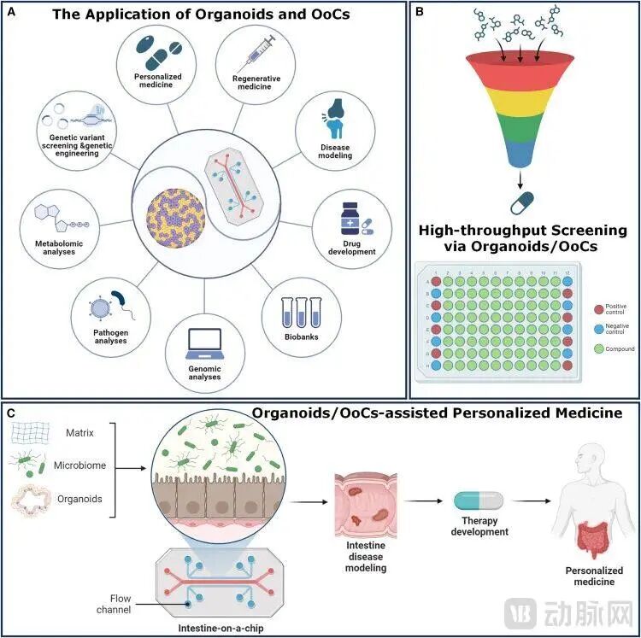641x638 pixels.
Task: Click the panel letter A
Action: (10, 12)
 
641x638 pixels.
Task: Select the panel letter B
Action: (419, 12)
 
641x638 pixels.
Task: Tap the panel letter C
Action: (10, 413)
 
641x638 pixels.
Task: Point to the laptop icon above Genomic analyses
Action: (204, 340)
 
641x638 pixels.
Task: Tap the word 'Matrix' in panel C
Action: (79, 433)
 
